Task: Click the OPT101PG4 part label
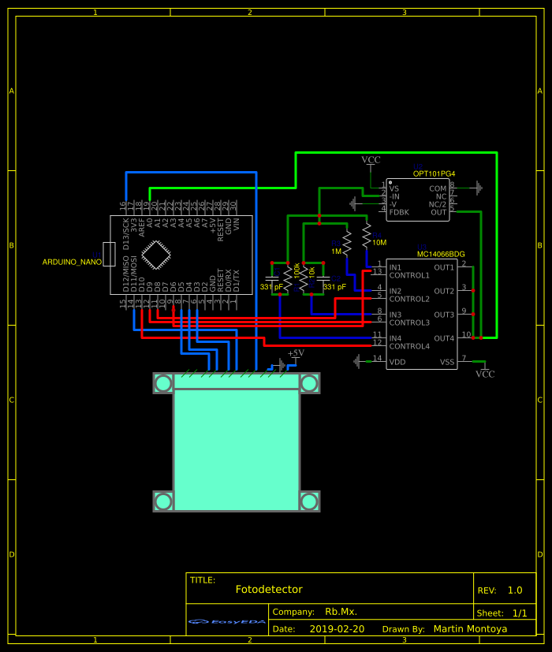pyautogui.click(x=434, y=173)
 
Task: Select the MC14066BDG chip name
pyautogui.click(x=440, y=255)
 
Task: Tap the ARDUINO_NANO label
pyautogui.click(x=72, y=262)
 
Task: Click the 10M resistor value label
pyautogui.click(x=379, y=243)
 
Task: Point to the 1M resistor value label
pyautogui.click(x=337, y=251)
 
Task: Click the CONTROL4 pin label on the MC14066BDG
pyautogui.click(x=409, y=346)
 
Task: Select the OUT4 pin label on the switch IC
pyautogui.click(x=443, y=338)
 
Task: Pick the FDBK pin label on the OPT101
pyautogui.click(x=399, y=212)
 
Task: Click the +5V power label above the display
pyautogui.click(x=296, y=354)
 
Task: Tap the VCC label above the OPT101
pyautogui.click(x=371, y=160)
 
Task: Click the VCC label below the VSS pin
pyautogui.click(x=485, y=374)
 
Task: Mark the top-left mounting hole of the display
pyautogui.click(x=163, y=383)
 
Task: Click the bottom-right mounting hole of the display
pyautogui.click(x=309, y=501)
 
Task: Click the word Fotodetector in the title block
pyautogui.click(x=268, y=590)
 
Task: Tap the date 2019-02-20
pyautogui.click(x=337, y=629)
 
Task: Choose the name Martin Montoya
pyautogui.click(x=470, y=629)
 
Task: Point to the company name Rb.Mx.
pyautogui.click(x=341, y=612)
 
